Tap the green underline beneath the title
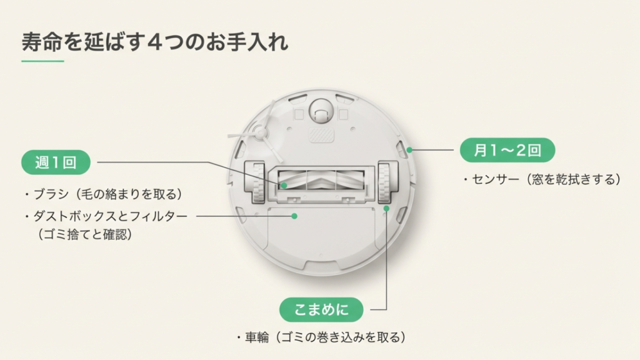click(x=42, y=61)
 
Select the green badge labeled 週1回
click(x=56, y=163)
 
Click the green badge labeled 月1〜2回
click(x=507, y=151)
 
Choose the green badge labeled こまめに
click(x=322, y=309)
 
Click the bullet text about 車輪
click(x=321, y=337)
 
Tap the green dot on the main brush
click(x=284, y=185)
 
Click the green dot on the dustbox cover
click(x=294, y=216)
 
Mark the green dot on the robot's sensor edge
click(x=409, y=150)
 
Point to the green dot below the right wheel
click(x=386, y=208)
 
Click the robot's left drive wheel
click(x=256, y=181)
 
